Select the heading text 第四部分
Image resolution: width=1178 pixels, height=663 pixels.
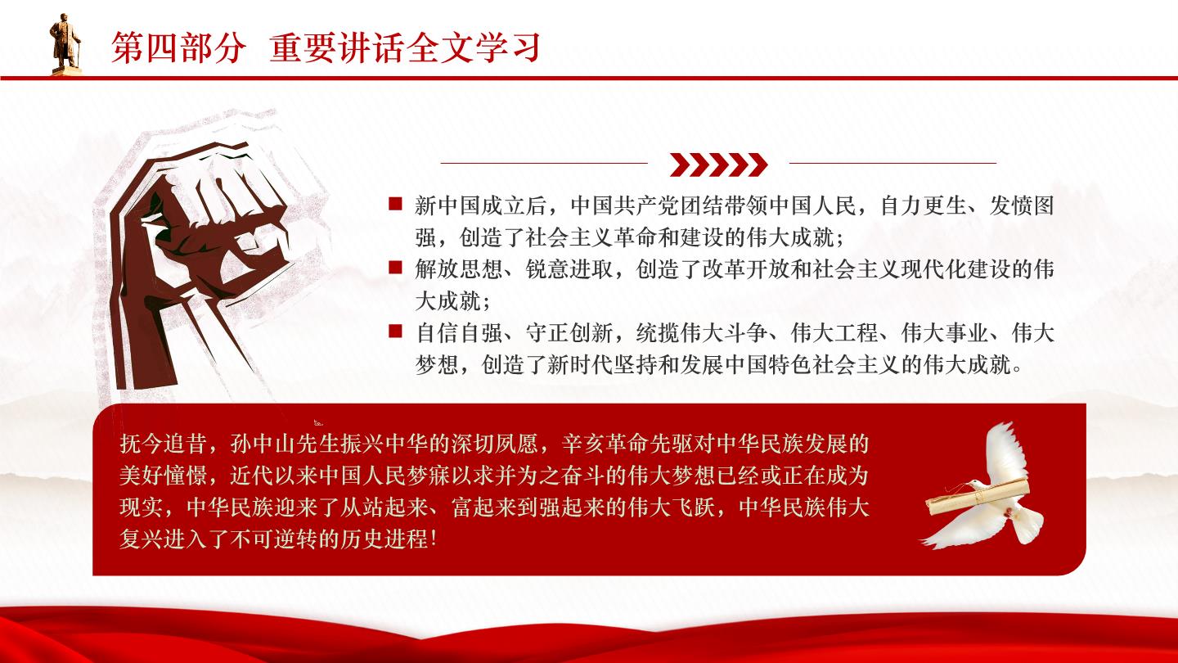pos(179,47)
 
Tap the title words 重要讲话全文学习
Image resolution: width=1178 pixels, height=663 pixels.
pos(405,47)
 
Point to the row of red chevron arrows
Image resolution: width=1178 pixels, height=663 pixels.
pos(718,165)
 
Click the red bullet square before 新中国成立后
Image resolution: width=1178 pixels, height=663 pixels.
pos(395,204)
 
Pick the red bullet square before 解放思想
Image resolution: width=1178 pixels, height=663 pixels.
pos(395,268)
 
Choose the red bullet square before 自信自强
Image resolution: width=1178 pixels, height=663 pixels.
pos(395,331)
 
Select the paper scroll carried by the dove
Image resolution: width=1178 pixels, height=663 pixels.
pos(977,498)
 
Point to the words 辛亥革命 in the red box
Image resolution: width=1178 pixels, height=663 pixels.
pos(605,444)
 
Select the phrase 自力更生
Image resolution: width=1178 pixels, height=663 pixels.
pos(924,205)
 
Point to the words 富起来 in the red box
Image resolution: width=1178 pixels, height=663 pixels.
pos(483,507)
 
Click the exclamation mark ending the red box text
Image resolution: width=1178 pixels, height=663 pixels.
pos(434,539)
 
